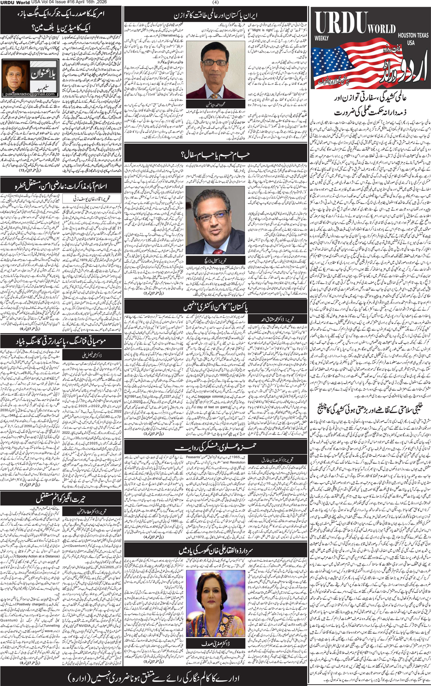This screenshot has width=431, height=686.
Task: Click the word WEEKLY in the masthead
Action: tap(322, 39)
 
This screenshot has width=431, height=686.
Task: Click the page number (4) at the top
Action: tap(216, 3)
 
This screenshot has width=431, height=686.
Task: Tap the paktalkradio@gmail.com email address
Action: tap(29, 94)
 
